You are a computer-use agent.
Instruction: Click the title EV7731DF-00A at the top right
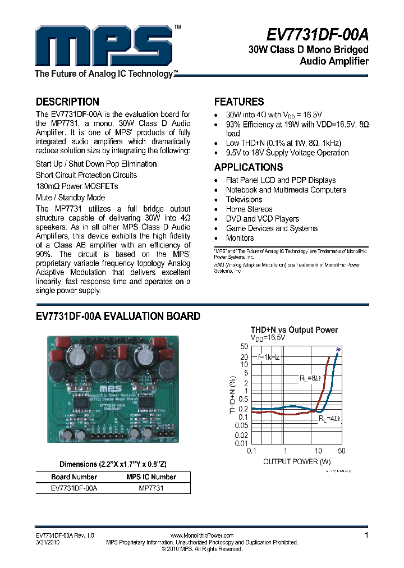[316, 35]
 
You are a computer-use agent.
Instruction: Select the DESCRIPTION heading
[67, 102]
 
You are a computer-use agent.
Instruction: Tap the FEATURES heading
[239, 102]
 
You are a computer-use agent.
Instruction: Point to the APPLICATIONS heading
[249, 167]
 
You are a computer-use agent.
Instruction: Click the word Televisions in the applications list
[244, 199]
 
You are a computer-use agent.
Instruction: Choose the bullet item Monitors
[240, 238]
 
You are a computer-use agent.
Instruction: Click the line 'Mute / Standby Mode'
[70, 198]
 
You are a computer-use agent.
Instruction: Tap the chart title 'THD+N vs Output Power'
[294, 330]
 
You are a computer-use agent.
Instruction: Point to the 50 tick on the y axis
[244, 347]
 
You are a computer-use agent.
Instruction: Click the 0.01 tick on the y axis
[241, 443]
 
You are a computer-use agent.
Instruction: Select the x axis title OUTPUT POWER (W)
[297, 461]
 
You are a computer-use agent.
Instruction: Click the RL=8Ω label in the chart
[310, 379]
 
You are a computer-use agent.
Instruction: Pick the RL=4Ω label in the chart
[329, 419]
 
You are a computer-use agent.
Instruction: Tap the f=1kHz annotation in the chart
[269, 356]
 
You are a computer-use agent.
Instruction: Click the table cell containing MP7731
[151, 488]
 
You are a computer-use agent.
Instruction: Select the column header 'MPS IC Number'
[151, 477]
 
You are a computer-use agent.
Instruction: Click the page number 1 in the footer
[366, 535]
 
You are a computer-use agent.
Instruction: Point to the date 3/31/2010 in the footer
[48, 543]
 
